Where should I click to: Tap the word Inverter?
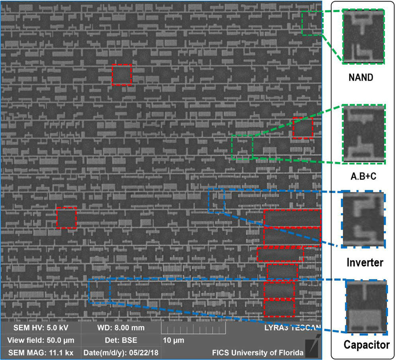[x=365, y=263]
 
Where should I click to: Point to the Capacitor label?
[x=367, y=345]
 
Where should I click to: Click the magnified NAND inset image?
[x=364, y=37]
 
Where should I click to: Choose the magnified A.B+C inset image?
[x=364, y=134]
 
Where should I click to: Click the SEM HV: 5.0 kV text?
[x=41, y=328]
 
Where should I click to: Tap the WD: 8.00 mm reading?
[x=121, y=328]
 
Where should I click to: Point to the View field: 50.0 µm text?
[x=41, y=341]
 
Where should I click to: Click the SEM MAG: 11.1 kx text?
[x=41, y=352]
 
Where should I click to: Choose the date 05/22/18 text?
[x=121, y=352]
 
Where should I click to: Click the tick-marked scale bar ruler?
[x=193, y=328]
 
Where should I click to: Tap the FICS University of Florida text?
[x=258, y=352]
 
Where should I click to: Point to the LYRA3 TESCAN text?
[x=292, y=328]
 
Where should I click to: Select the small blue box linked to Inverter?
[x=216, y=201]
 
